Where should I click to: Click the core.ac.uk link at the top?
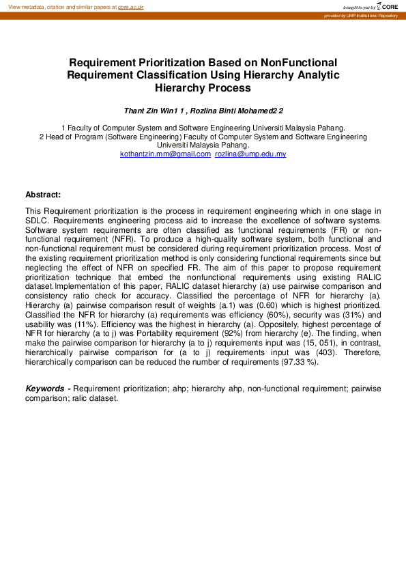click(130, 6)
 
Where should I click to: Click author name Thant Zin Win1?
click(151, 111)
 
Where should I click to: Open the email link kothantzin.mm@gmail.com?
click(165, 154)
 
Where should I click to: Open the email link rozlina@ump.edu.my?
click(250, 154)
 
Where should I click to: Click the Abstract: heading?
click(43, 195)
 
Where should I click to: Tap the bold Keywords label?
click(46, 389)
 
